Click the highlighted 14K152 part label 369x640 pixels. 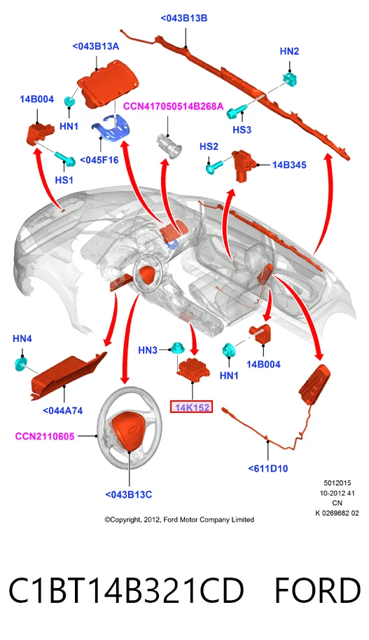192,407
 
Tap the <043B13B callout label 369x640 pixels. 184,18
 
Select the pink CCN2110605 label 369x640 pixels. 45,436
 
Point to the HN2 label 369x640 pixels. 289,51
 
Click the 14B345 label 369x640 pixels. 289,165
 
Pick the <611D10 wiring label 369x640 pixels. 268,468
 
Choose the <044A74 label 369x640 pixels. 63,411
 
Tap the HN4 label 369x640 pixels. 22,339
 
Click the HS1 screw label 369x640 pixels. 64,179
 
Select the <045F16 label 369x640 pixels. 99,160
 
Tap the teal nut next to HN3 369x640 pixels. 176,348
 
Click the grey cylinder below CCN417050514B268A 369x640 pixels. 169,146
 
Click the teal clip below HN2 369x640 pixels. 290,79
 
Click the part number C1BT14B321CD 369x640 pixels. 126,590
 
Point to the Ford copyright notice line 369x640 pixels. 179,519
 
